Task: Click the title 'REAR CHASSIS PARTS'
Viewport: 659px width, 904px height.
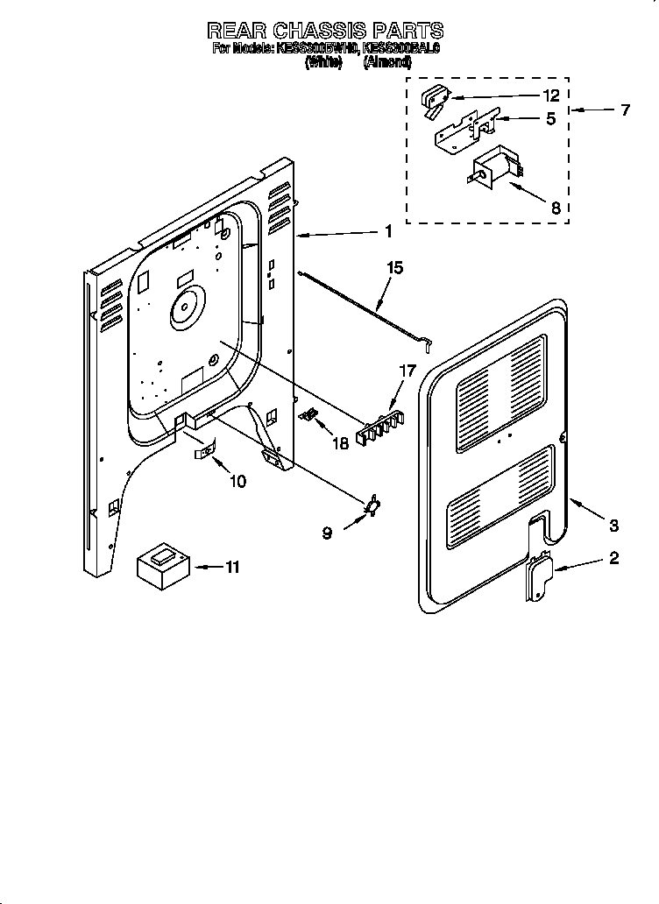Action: [x=325, y=32]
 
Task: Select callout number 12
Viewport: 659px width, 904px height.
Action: [x=549, y=96]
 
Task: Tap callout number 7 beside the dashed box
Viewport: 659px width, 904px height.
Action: [x=625, y=110]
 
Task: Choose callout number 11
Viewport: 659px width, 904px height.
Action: [x=231, y=568]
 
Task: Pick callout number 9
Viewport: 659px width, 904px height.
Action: [x=327, y=532]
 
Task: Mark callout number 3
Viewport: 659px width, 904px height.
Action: [x=613, y=526]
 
